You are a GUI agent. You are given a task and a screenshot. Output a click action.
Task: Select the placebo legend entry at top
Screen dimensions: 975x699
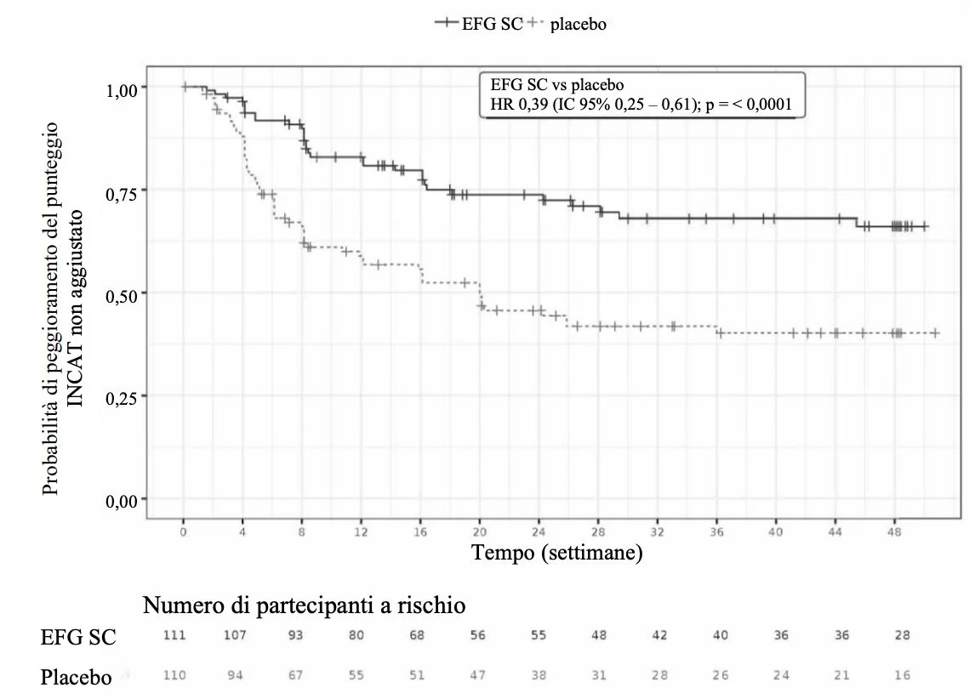(567, 24)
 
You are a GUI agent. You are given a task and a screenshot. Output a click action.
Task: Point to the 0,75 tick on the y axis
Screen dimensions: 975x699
(122, 195)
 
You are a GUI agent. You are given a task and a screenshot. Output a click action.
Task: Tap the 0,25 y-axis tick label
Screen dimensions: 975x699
(122, 398)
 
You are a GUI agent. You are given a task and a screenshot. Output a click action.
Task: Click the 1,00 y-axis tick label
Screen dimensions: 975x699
(122, 91)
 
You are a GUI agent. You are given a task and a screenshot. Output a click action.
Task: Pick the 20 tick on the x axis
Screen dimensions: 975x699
(479, 532)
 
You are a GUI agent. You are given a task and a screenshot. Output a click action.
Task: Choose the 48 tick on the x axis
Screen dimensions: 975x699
(894, 532)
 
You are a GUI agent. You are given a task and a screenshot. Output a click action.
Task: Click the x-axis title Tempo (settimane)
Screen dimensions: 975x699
(557, 552)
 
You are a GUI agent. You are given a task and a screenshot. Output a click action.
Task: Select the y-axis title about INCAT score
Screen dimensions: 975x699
(62, 309)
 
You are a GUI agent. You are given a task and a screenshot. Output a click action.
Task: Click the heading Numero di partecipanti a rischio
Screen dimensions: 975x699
(304, 605)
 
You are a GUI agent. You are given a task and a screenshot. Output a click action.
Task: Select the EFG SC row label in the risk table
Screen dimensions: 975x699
(78, 638)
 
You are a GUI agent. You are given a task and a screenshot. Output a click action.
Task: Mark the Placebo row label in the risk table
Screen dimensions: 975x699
(76, 677)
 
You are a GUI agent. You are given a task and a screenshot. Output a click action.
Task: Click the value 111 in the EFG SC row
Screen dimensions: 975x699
(174, 635)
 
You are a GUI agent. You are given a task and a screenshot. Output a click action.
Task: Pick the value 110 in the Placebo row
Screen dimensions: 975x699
(174, 675)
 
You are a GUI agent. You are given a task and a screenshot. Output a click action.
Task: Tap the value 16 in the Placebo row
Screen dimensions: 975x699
(902, 675)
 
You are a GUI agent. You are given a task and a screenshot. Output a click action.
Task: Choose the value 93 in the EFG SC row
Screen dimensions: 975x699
(295, 635)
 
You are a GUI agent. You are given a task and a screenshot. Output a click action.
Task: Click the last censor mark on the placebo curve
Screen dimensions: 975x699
(935, 333)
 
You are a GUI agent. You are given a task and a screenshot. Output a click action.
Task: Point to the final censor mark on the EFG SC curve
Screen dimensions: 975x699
(926, 227)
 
